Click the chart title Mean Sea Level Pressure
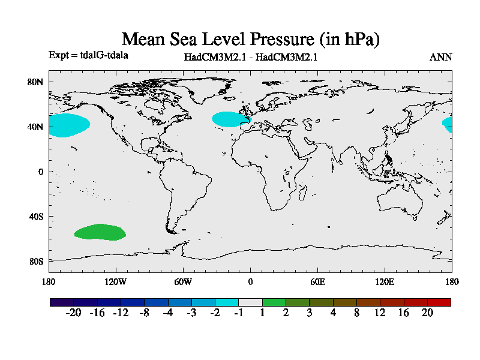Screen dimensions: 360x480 click(251, 40)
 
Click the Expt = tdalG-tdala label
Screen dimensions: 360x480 click(88, 55)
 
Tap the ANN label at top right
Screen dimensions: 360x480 click(440, 58)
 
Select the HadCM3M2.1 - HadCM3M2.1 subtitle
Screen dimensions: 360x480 click(250, 58)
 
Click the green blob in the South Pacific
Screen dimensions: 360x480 click(100, 232)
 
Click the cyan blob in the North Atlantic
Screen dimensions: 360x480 click(230, 119)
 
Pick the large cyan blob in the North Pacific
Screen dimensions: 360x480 click(67, 125)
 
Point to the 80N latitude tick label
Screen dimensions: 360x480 click(36, 82)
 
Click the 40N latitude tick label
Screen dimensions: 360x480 click(36, 127)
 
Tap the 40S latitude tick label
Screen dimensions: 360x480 click(36, 217)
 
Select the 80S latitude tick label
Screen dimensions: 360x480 click(36, 262)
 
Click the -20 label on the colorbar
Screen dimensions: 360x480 click(73, 313)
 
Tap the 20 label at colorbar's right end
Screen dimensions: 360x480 click(427, 313)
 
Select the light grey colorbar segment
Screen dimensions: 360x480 click(250, 302)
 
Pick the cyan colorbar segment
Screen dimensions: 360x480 click(227, 302)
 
